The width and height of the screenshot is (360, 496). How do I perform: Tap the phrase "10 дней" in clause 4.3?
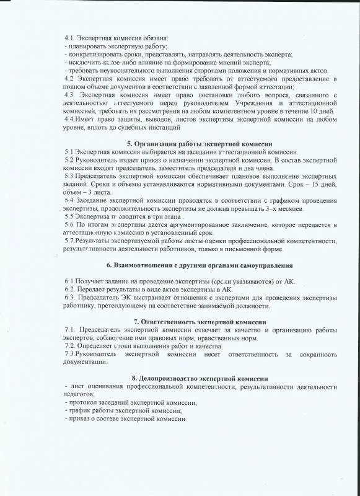(322, 110)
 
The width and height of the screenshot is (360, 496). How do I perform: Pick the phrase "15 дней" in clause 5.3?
(325, 185)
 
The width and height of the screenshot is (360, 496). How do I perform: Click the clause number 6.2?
(70, 289)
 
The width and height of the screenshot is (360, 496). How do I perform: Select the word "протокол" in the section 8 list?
(82, 402)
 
